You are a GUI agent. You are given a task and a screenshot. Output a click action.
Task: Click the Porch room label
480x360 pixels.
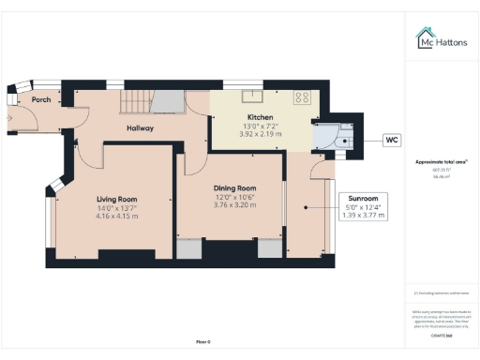(40, 99)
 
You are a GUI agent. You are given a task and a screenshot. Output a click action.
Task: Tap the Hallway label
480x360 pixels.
(141, 128)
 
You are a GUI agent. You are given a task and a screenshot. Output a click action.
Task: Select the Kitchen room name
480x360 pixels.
(233, 116)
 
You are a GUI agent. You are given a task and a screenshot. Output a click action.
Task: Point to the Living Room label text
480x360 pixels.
(117, 199)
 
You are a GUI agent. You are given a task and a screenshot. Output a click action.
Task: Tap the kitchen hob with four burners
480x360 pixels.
(303, 96)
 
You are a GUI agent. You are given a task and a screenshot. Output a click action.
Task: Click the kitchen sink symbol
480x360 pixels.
(252, 96)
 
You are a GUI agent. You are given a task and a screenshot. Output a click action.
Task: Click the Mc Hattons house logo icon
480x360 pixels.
(425, 37)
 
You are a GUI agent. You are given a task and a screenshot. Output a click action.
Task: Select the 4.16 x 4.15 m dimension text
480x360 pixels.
(117, 216)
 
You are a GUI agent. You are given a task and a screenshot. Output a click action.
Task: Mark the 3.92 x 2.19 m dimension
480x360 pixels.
(233, 133)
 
